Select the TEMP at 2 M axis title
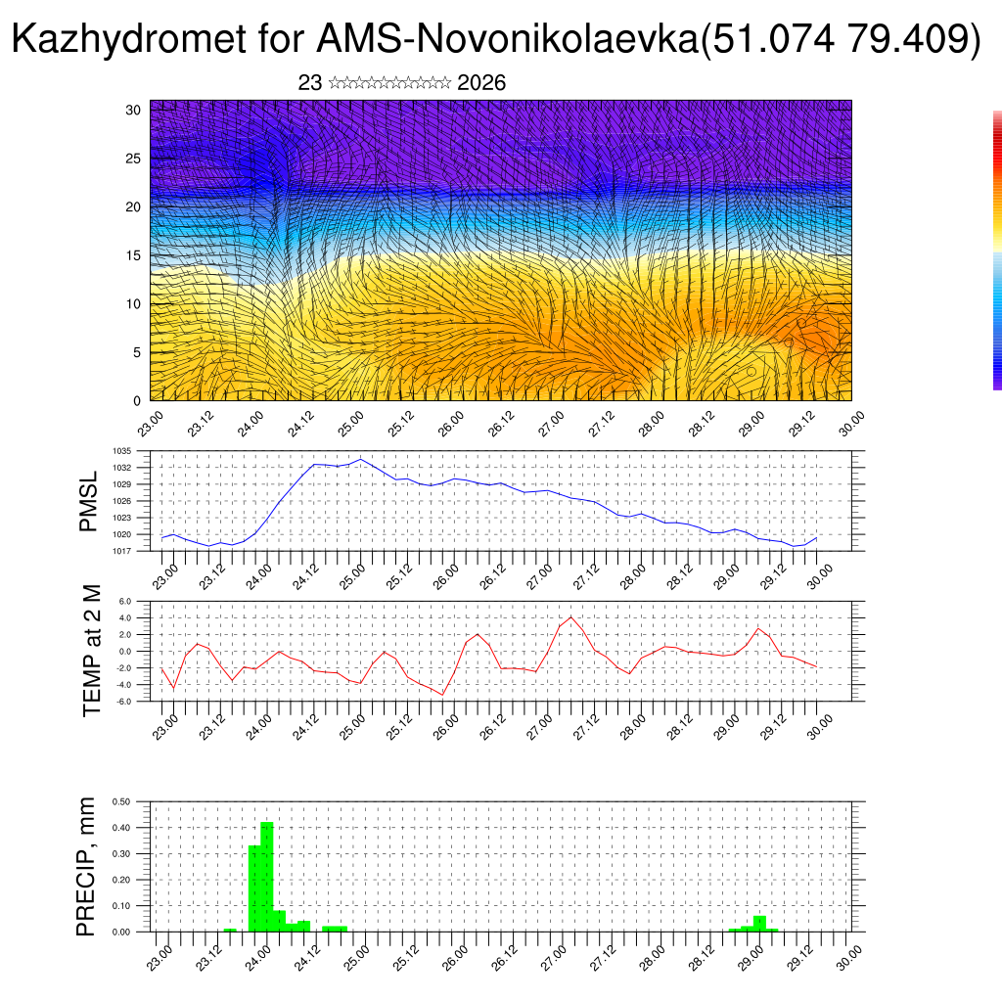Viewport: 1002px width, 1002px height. (x=92, y=650)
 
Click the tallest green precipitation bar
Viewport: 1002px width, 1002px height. (x=267, y=877)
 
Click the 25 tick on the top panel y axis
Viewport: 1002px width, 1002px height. (x=134, y=159)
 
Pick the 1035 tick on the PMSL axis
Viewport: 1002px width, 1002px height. (x=122, y=451)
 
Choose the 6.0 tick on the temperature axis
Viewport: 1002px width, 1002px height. (x=124, y=602)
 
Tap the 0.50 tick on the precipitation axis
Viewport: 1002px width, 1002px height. (x=122, y=801)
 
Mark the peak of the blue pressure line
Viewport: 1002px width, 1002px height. (x=360, y=459)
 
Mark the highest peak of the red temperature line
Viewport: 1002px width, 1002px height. (x=571, y=616)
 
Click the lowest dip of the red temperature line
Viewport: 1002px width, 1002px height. (x=443, y=695)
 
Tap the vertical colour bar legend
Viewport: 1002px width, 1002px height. (x=997, y=250)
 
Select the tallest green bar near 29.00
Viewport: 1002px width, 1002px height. (x=759, y=924)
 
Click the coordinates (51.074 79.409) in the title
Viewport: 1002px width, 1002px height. (x=842, y=40)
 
